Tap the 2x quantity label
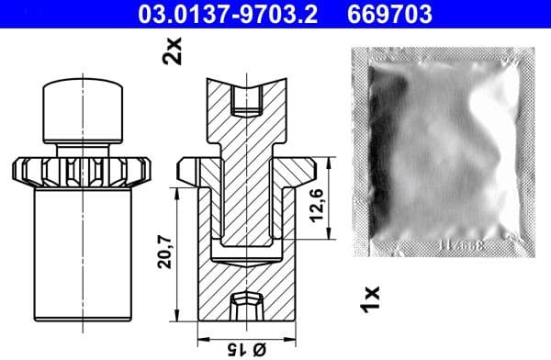pos(171,51)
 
